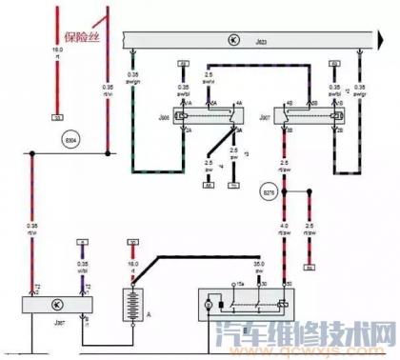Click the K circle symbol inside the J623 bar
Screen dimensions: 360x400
click(x=235, y=40)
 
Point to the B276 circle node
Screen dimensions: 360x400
click(x=270, y=193)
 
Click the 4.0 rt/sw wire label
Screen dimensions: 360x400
click(x=285, y=229)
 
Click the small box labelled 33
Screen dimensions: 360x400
click(x=56, y=118)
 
